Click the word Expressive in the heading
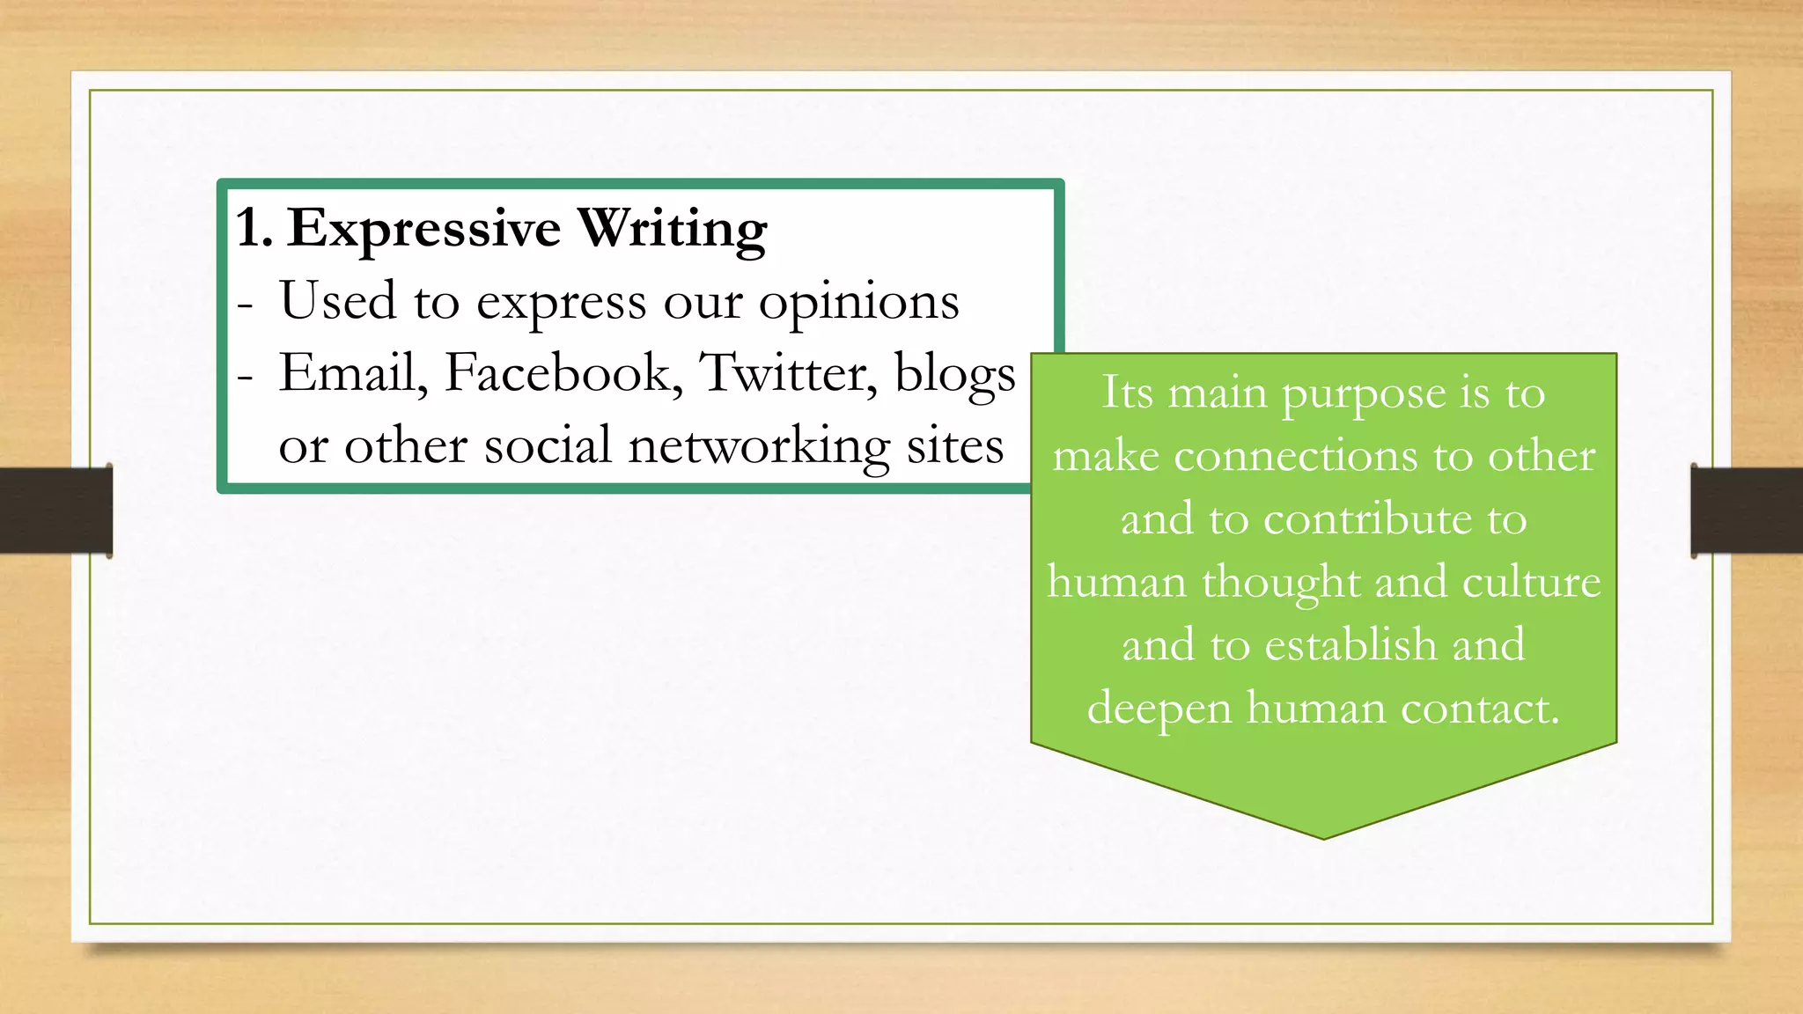pos(423,229)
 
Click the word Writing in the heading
pos(672,229)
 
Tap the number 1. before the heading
pos(254,229)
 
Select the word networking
pos(758,446)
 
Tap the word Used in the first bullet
pos(337,300)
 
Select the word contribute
pos(1367,519)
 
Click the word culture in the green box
pos(1531,583)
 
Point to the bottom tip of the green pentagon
pos(1323,837)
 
